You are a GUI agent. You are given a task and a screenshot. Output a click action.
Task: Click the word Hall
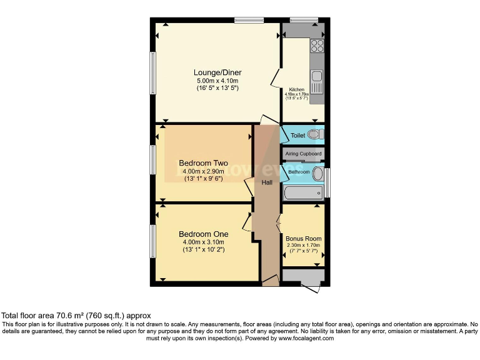(x=267, y=182)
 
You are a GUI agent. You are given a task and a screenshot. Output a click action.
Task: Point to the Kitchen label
(x=296, y=89)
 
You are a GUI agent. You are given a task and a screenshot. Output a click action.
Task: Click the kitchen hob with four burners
(x=317, y=45)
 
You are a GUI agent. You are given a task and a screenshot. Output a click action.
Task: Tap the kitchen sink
(x=317, y=77)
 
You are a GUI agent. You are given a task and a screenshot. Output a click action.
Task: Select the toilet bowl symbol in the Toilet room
(x=315, y=134)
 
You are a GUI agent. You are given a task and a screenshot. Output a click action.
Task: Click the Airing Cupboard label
(x=303, y=154)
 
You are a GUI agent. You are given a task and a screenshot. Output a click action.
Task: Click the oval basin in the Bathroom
(x=317, y=173)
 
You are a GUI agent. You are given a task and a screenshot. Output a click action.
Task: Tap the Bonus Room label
(x=303, y=239)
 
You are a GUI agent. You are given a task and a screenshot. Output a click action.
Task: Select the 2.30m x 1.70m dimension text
(x=303, y=246)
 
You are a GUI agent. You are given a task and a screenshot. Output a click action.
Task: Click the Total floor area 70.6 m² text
(x=76, y=316)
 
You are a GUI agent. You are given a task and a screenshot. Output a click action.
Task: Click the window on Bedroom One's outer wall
(x=152, y=241)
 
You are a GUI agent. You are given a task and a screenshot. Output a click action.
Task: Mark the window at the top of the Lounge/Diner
(x=248, y=21)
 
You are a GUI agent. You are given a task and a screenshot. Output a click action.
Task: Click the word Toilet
(x=297, y=135)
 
